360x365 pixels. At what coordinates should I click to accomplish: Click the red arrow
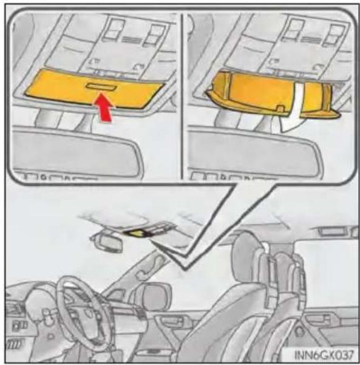103,107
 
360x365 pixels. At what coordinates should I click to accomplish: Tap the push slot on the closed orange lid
101,87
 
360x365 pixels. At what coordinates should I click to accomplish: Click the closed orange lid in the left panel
94,89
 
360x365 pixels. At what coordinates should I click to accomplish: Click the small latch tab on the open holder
280,109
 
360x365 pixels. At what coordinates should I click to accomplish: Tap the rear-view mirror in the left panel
76,152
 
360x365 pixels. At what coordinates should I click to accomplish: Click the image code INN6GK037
324,355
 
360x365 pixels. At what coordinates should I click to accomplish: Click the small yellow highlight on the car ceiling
136,233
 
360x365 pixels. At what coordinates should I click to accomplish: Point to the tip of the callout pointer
185,270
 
